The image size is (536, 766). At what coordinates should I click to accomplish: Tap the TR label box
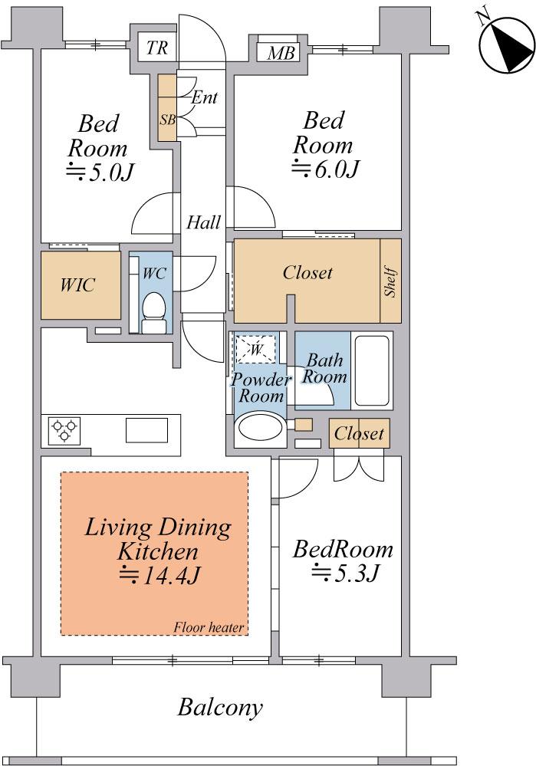pyautogui.click(x=157, y=48)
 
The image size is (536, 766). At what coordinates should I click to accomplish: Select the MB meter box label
pyautogui.click(x=281, y=53)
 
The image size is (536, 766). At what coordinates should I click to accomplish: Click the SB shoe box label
pyautogui.click(x=168, y=120)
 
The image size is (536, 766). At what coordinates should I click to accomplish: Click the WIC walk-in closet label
pyautogui.click(x=77, y=284)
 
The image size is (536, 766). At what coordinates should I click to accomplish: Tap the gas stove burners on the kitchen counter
pyautogui.click(x=64, y=430)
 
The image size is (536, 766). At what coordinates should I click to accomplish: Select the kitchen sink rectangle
pyautogui.click(x=146, y=430)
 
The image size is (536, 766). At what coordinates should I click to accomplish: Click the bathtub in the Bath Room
pyautogui.click(x=372, y=370)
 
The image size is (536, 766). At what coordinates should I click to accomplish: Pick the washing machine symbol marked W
pyautogui.click(x=255, y=348)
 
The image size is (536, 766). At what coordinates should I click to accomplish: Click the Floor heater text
pyautogui.click(x=209, y=627)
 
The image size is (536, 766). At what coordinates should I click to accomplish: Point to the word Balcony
pyautogui.click(x=220, y=707)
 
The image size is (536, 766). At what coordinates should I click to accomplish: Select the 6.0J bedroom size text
pyautogui.click(x=325, y=169)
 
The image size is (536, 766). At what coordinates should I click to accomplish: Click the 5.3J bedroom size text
pyautogui.click(x=345, y=573)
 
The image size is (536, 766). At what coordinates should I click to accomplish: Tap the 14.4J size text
pyautogui.click(x=159, y=576)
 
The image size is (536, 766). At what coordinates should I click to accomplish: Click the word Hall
pyautogui.click(x=204, y=223)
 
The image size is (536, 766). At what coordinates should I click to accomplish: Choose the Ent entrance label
pyautogui.click(x=204, y=97)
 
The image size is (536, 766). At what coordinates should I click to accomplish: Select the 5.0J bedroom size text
pyautogui.click(x=100, y=172)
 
